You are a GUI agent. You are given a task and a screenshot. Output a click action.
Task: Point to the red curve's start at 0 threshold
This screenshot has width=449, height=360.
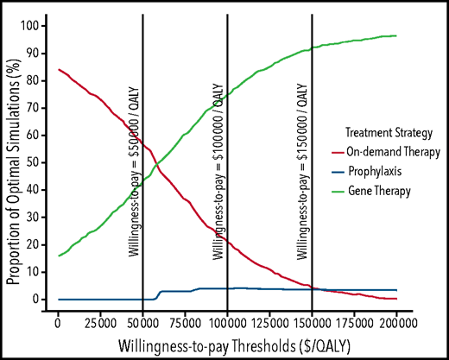(x=57, y=70)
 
